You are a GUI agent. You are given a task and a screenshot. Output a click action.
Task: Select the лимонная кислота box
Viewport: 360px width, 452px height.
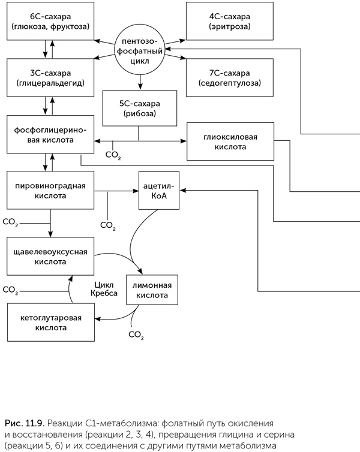152,290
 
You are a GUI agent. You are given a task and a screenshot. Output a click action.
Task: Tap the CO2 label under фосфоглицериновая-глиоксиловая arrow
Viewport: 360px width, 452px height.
113,155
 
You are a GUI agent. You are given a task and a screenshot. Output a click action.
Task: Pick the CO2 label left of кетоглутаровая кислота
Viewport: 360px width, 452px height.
10,290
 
